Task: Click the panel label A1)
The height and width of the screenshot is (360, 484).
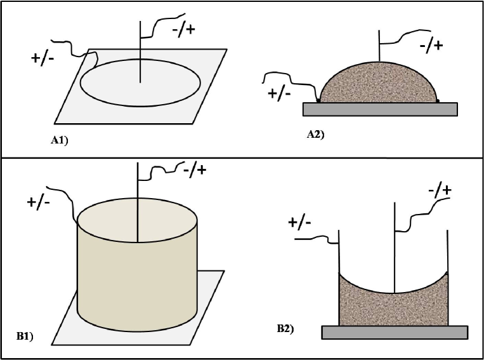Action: click(59, 141)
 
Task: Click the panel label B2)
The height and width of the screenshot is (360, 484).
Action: click(285, 328)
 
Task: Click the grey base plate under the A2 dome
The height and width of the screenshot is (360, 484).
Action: click(379, 109)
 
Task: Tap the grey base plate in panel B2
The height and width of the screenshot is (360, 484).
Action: click(395, 332)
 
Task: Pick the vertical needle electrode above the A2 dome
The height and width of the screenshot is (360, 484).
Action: click(379, 44)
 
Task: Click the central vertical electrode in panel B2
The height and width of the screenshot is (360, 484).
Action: click(395, 248)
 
